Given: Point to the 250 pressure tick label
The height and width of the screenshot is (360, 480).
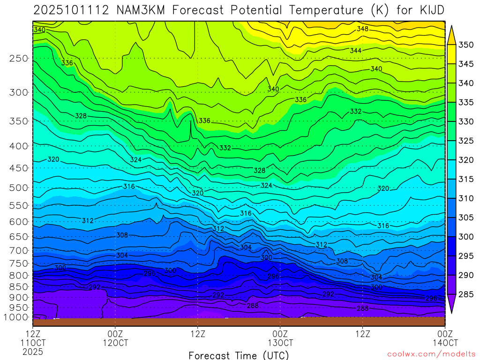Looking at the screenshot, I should point(19,59).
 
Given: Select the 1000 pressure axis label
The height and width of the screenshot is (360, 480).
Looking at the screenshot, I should point(17,317).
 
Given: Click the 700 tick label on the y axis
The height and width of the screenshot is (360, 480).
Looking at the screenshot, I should point(19,250).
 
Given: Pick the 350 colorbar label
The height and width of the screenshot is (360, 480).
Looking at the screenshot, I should point(466,45).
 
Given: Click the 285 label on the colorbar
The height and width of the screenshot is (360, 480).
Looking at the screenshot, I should point(466,294).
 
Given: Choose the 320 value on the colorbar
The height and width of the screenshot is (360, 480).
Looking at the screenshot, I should point(466,160).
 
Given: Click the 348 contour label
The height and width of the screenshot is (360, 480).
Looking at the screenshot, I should point(362,29).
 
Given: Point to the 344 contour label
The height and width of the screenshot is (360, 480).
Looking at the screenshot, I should point(355,50).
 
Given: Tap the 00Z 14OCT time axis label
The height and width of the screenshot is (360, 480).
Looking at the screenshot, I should point(445,338).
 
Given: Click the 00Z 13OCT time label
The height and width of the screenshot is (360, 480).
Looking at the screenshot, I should point(280,338).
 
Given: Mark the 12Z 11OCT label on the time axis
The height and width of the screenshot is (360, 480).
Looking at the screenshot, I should point(33,338).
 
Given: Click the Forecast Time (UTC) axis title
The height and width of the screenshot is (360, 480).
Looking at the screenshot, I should point(239,355).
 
